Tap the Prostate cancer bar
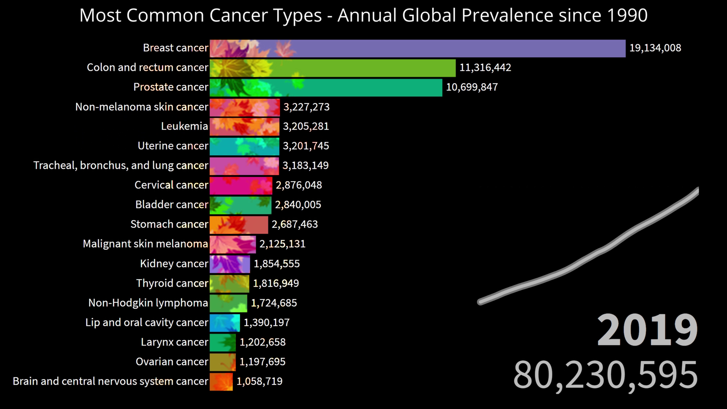point(326,87)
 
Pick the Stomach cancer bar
point(239,225)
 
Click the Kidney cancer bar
point(230,264)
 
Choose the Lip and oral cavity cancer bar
point(225,323)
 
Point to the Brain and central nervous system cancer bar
point(221,382)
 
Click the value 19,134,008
point(655,48)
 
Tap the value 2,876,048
point(299,185)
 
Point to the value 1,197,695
point(262,362)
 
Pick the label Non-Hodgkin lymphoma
point(148,303)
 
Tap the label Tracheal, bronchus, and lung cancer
point(121,165)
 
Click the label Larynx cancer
point(174,342)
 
